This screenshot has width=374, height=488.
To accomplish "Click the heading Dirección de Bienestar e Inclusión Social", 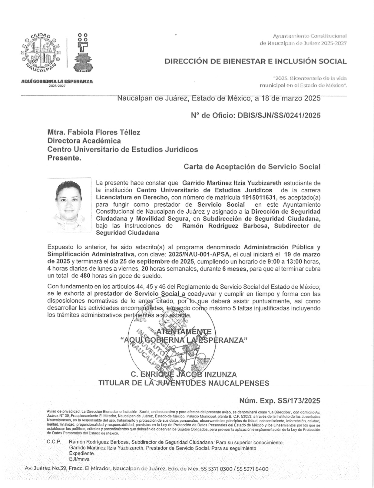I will click(255, 61).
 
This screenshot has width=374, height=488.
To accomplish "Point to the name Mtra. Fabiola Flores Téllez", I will click(94, 132).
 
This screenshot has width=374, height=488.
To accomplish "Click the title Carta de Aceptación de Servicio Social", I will click(252, 167).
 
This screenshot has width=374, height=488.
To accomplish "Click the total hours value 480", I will click(85, 276).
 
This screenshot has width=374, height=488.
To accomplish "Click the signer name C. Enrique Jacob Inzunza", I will click(184, 374).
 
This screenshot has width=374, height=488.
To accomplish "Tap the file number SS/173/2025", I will click(299, 401).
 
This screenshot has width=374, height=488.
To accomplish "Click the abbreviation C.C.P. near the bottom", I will click(54, 442).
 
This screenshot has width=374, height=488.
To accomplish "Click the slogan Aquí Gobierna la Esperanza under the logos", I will click(57, 81).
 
